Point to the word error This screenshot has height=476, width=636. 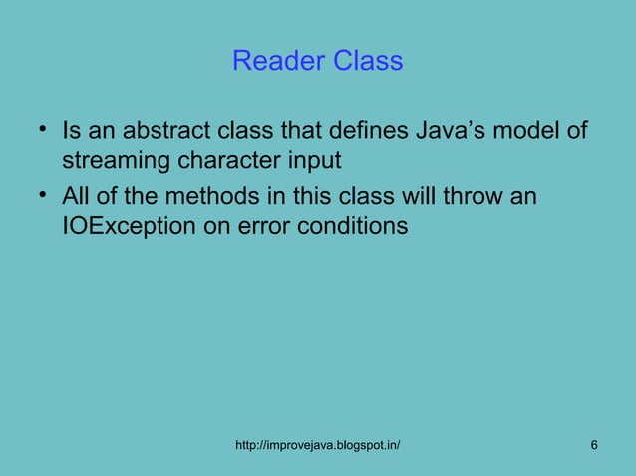262,226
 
